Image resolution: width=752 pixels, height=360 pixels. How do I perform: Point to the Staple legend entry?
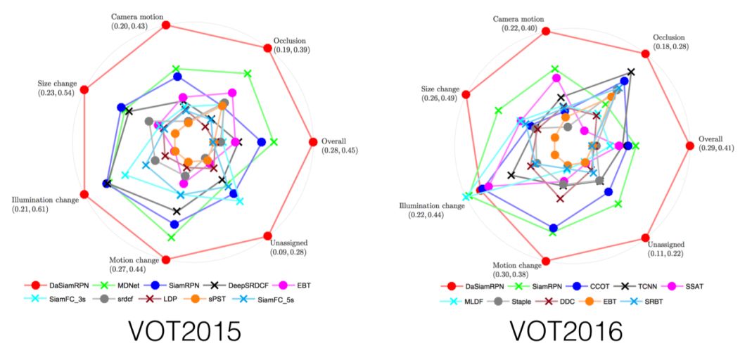point(514,301)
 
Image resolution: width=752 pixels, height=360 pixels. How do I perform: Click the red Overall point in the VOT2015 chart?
point(313,141)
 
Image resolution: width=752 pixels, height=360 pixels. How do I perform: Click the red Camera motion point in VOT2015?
point(167,25)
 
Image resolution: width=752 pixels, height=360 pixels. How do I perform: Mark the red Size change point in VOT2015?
point(84,89)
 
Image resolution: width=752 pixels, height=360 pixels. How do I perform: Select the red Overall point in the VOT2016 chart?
point(689,146)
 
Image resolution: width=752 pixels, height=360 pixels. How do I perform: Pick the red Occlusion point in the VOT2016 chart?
point(646,53)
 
